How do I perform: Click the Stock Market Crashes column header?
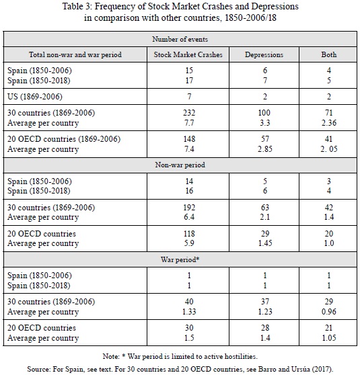point(188,54)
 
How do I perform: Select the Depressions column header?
point(264,54)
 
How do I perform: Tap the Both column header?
point(328,54)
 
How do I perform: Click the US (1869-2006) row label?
point(35,96)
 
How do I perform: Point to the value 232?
point(189,112)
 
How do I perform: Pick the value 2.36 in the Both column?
point(329,123)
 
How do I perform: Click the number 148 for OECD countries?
point(189,138)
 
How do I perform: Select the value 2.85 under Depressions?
point(265,149)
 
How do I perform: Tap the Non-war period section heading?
point(180,165)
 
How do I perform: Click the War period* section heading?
point(180,259)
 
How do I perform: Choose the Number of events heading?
point(180,39)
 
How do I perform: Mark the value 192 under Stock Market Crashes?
point(189,207)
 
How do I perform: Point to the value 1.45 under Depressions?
point(265,243)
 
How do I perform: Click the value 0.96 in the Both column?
point(329,311)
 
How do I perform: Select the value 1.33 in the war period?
point(189,311)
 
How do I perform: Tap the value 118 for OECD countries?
point(189,233)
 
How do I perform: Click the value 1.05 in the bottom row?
point(329,337)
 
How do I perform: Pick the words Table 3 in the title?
point(77,6)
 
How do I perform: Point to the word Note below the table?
point(110,356)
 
